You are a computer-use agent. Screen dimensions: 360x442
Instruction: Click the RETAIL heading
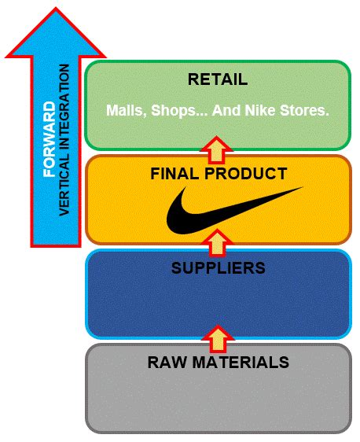(x=218, y=79)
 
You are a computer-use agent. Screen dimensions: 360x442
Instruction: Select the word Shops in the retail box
(x=174, y=111)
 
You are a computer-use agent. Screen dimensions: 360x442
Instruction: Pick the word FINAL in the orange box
(x=174, y=174)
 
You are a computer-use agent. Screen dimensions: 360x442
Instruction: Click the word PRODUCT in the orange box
(x=246, y=174)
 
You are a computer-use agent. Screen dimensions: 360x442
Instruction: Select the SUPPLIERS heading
(x=219, y=267)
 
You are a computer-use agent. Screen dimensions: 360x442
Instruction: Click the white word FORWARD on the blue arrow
(x=50, y=139)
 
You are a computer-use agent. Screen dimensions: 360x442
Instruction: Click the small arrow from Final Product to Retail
(x=216, y=150)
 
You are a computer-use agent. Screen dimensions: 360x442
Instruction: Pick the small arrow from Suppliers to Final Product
(x=217, y=243)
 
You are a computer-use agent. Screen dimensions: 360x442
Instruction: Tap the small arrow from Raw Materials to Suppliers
(x=218, y=339)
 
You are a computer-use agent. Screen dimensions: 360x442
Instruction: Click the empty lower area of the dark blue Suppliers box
(x=219, y=308)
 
